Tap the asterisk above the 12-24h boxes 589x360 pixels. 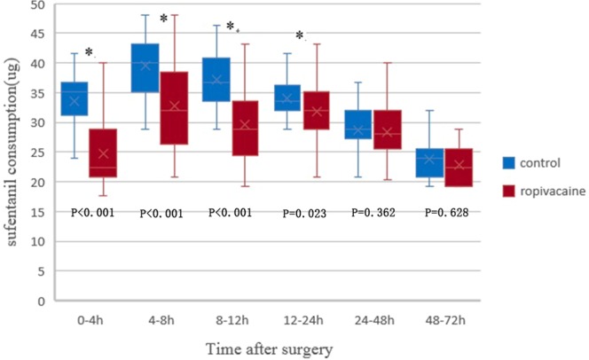299,37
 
